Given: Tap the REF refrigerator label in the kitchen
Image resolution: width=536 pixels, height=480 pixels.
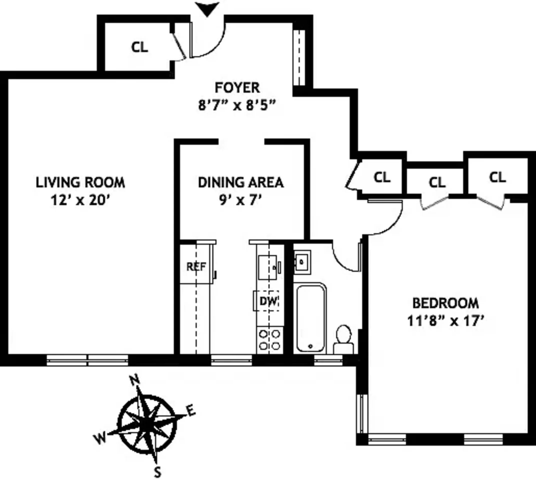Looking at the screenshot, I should pyautogui.click(x=196, y=267).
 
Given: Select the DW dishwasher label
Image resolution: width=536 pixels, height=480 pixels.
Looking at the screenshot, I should pyautogui.click(x=268, y=301).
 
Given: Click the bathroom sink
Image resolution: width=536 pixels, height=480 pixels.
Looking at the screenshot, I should pyautogui.click(x=302, y=262).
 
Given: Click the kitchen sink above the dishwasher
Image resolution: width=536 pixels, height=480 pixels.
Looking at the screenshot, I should pyautogui.click(x=267, y=267).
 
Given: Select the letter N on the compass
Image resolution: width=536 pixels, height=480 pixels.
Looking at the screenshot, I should pyautogui.click(x=134, y=381).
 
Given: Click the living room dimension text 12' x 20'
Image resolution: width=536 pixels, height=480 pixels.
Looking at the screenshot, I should pyautogui.click(x=80, y=200).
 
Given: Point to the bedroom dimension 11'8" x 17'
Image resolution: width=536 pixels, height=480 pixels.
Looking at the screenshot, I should pyautogui.click(x=446, y=321).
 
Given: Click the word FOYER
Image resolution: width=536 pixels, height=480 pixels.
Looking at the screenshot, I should pyautogui.click(x=237, y=88).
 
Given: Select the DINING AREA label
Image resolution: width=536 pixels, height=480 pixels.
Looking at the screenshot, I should pyautogui.click(x=241, y=182).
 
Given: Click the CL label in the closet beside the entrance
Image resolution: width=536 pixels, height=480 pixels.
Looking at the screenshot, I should pyautogui.click(x=139, y=47).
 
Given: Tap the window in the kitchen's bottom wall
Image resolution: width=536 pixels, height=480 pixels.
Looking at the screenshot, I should pyautogui.click(x=232, y=360).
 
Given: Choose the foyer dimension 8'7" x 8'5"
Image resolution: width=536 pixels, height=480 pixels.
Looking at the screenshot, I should pyautogui.click(x=237, y=106).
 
